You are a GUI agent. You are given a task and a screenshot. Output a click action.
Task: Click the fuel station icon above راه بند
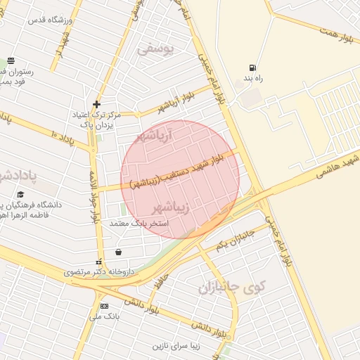coord(252,68)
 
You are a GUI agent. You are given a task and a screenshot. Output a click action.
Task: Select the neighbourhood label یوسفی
coord(154,49)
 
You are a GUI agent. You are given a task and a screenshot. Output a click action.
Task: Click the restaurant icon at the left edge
coord(10,61)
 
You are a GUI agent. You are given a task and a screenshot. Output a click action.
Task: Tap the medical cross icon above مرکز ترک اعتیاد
coord(97,104)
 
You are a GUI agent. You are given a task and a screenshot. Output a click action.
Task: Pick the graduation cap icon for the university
coord(20,194)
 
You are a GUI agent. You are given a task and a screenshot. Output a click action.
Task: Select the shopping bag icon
coord(117,251)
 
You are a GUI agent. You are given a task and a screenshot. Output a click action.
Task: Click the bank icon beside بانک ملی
coord(104,306)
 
